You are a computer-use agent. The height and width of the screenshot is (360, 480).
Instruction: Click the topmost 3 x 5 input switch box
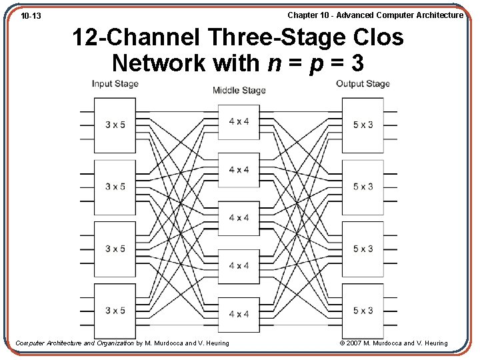(115, 125)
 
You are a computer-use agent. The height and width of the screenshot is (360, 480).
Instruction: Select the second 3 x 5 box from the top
(115, 187)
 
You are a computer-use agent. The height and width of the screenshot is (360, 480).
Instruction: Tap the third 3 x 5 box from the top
(115, 249)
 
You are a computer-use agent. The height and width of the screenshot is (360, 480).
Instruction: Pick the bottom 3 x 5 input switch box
(115, 311)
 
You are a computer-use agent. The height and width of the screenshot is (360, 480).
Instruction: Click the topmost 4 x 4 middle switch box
(239, 121)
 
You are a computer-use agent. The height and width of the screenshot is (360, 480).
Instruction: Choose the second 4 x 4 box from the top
(239, 169)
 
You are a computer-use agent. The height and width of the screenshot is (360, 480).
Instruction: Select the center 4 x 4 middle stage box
(239, 218)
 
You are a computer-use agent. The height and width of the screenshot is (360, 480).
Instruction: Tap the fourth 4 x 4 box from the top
(239, 266)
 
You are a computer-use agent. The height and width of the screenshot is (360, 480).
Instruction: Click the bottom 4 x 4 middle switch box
(239, 314)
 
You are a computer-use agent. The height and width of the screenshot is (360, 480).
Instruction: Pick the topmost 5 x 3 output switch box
(363, 125)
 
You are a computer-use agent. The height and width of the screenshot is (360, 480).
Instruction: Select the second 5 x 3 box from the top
(363, 187)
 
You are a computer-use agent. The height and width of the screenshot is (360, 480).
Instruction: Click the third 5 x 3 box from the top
(363, 249)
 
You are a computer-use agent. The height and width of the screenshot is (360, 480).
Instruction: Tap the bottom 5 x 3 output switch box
(363, 311)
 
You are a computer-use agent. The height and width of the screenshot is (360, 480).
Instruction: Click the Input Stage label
(115, 84)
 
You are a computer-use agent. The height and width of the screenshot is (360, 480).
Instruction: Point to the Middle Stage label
(239, 91)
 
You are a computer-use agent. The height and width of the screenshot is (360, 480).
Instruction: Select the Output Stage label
(363, 84)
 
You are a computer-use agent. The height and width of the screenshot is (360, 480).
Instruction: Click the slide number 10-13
(31, 15)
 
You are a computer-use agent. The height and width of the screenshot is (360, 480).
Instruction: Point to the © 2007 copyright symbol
(342, 343)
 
